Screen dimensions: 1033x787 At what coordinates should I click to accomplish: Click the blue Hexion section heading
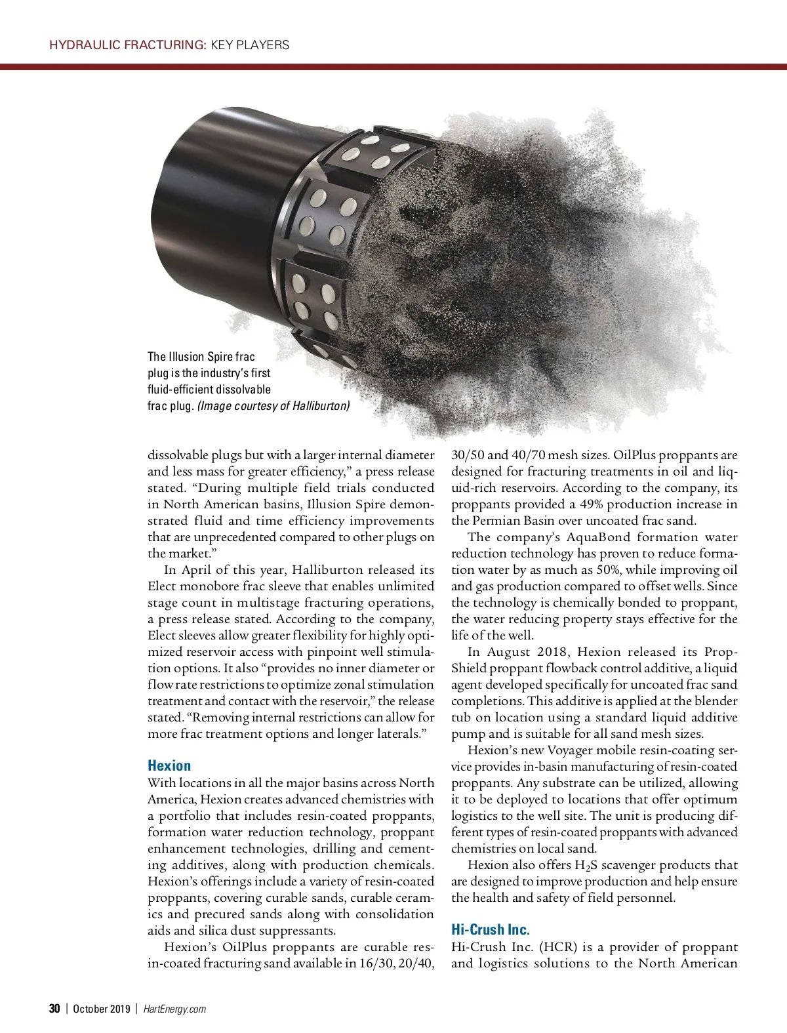(169, 765)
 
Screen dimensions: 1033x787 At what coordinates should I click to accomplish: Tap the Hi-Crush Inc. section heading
(491, 929)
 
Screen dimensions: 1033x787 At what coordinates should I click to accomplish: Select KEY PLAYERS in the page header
(250, 45)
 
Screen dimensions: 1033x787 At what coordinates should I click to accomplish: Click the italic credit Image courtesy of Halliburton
(273, 406)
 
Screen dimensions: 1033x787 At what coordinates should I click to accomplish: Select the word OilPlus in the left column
(245, 947)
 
